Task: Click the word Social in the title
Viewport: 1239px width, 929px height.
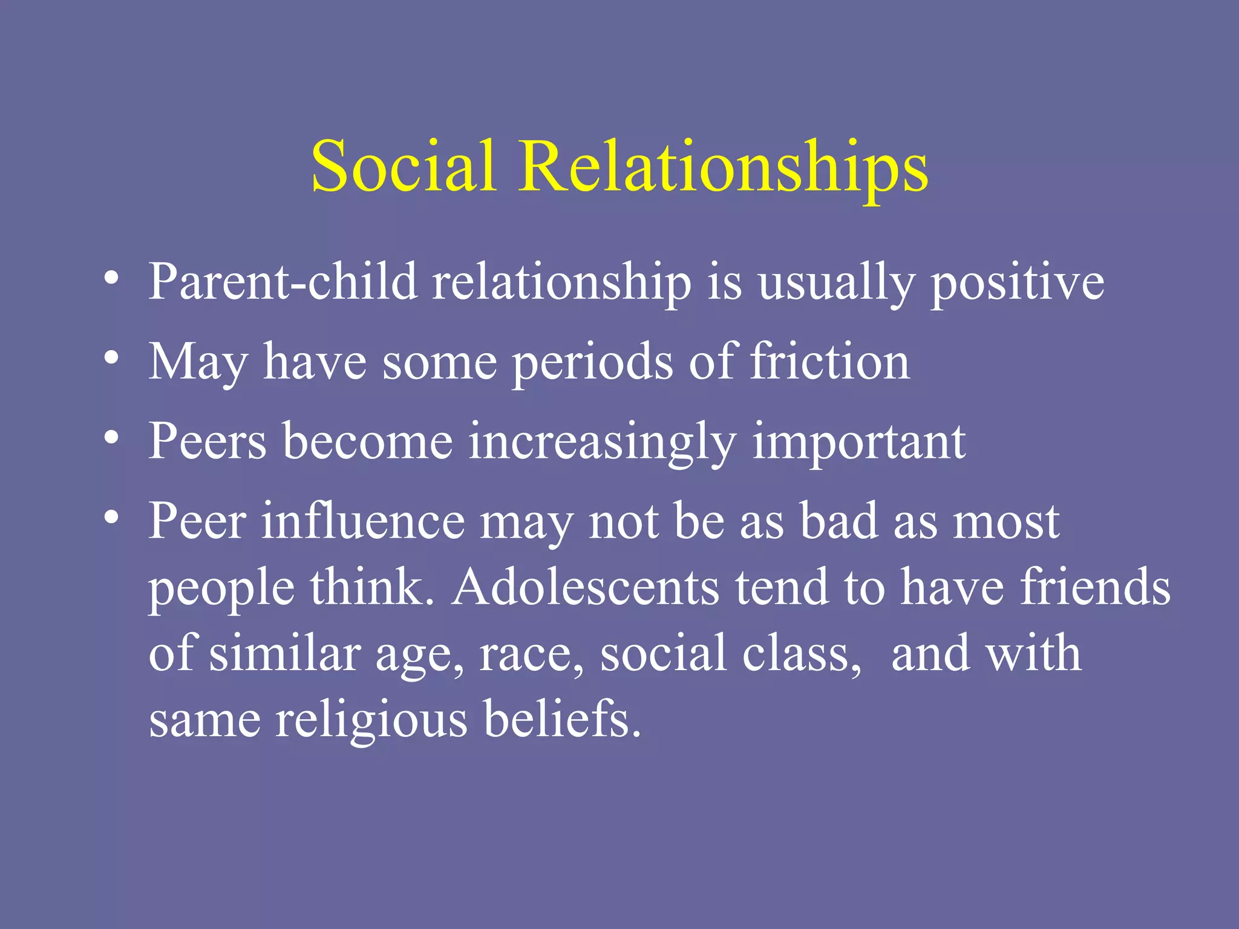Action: pyautogui.click(x=404, y=166)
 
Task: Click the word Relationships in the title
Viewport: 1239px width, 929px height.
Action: pyautogui.click(x=723, y=166)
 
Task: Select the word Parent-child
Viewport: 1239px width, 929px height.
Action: pyautogui.click(x=283, y=282)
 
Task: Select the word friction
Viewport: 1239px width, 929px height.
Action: pyautogui.click(x=830, y=362)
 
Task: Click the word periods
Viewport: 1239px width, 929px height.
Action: pyautogui.click(x=592, y=362)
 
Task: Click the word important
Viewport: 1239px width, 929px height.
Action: pyautogui.click(x=858, y=442)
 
